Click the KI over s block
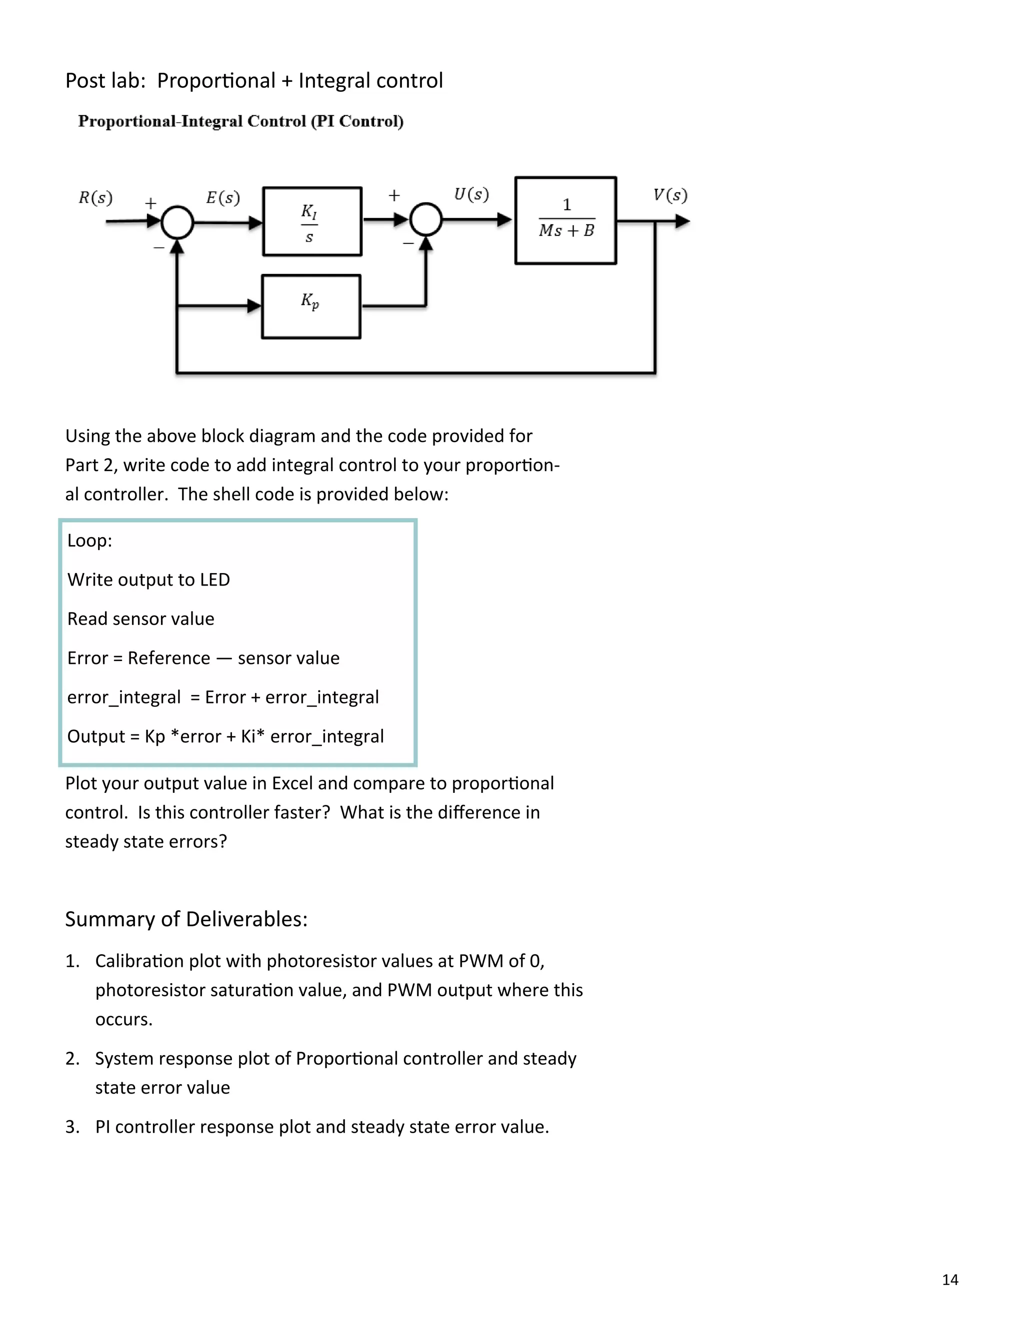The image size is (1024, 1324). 312,221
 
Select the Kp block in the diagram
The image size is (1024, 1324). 310,306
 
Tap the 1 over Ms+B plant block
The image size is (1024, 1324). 565,220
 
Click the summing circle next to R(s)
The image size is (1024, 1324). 177,222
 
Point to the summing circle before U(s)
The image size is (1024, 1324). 426,219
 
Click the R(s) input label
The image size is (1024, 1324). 95,198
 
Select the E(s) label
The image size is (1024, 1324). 222,198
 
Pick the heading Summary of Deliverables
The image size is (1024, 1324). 186,919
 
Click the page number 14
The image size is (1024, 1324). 949,1279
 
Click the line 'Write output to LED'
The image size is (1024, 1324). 148,580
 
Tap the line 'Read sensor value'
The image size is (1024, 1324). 140,619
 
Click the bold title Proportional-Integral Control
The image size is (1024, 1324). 240,121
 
